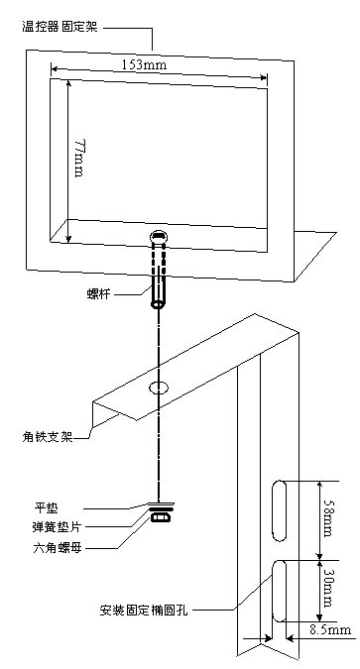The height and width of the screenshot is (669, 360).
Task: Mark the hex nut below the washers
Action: pos(159,516)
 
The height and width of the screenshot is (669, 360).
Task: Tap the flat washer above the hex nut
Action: pos(159,503)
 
